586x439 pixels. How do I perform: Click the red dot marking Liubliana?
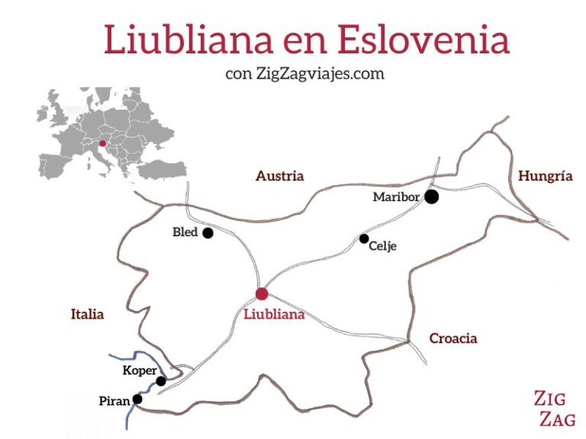point(262,294)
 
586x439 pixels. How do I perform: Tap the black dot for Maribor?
point(432,197)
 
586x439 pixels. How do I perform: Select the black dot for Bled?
point(208,233)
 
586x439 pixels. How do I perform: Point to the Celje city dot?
point(364,239)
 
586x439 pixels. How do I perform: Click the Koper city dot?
point(161,381)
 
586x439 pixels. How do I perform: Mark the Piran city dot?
point(137,399)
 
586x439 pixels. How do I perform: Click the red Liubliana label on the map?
point(273,314)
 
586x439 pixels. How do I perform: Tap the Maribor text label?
point(395,197)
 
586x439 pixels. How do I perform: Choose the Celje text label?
point(382,246)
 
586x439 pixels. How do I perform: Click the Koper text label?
point(139,371)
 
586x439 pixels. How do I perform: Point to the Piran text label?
point(114,400)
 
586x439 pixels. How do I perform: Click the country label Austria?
point(279,176)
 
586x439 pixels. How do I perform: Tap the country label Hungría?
point(545,176)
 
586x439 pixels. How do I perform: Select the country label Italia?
point(87,314)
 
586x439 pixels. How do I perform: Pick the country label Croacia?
point(453,338)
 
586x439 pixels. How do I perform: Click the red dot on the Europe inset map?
point(102,143)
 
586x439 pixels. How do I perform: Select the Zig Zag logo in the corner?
point(555,408)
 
